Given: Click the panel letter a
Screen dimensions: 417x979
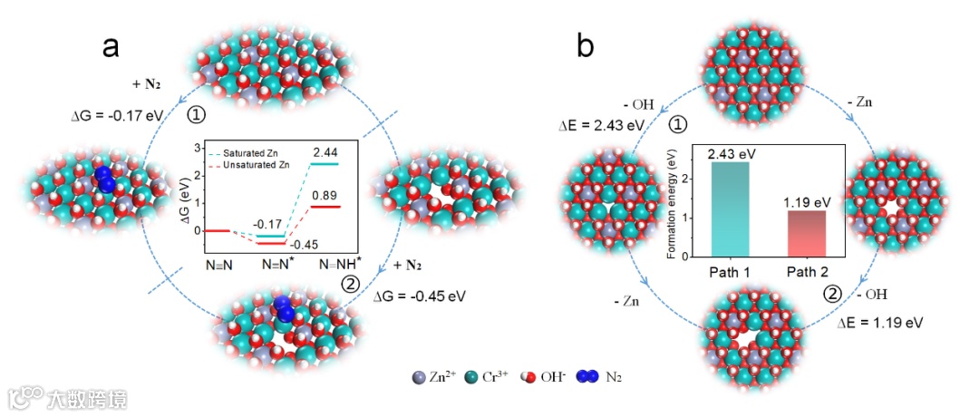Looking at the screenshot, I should point(111,45).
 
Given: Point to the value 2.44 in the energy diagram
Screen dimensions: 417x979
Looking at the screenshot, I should point(325,152).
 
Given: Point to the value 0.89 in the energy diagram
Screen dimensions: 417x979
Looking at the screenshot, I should point(325,194).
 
